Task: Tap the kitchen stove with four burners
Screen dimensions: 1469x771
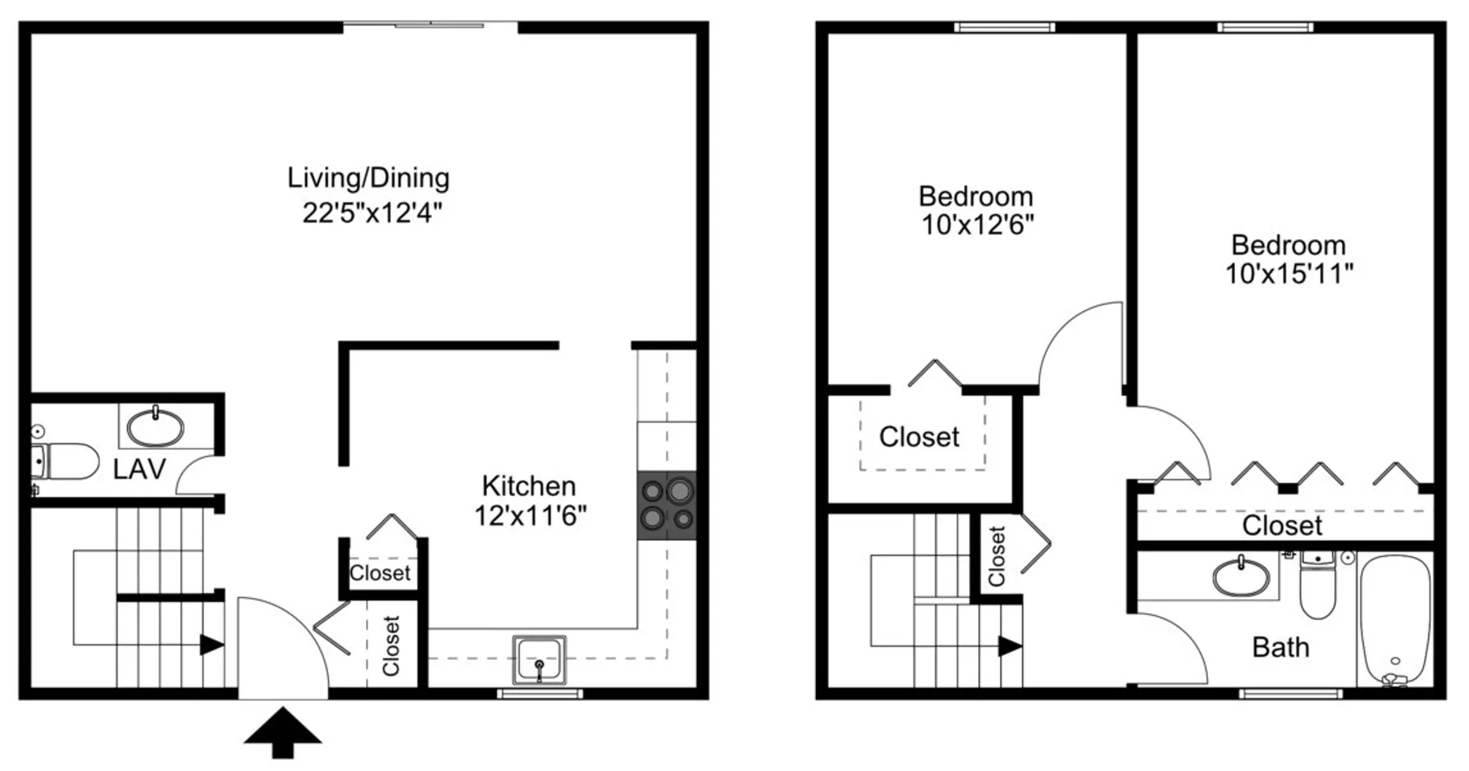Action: [x=667, y=505]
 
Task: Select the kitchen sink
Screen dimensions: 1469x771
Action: [x=539, y=660]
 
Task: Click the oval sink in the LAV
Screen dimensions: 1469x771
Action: [x=155, y=427]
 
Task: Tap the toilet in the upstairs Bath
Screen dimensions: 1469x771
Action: [x=1317, y=585]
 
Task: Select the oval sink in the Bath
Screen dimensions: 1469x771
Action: [x=1241, y=576]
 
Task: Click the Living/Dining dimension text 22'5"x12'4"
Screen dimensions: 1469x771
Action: [x=373, y=213]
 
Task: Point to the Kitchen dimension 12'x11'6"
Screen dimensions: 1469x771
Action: [x=530, y=515]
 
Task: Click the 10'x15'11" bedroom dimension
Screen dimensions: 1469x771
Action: [x=1289, y=274]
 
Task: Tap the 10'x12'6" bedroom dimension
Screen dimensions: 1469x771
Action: [x=977, y=225]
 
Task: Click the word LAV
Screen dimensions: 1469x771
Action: [x=139, y=470]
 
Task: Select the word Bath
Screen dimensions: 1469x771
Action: [x=1281, y=648]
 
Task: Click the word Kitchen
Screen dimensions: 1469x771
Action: [x=529, y=486]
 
